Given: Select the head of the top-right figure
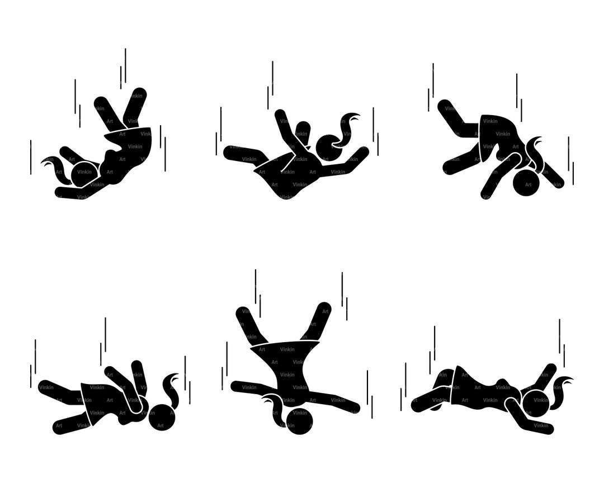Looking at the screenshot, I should pyautogui.click(x=526, y=182).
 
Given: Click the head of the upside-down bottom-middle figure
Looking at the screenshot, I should pyautogui.click(x=299, y=421).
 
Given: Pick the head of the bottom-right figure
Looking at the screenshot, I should pyautogui.click(x=536, y=404).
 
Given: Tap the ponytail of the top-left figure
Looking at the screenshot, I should pyautogui.click(x=55, y=167).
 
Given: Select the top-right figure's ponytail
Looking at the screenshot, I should pyautogui.click(x=538, y=152).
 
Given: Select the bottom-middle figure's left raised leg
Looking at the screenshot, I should pyautogui.click(x=248, y=324).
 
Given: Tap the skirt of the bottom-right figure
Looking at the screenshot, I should pyautogui.click(x=466, y=386).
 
